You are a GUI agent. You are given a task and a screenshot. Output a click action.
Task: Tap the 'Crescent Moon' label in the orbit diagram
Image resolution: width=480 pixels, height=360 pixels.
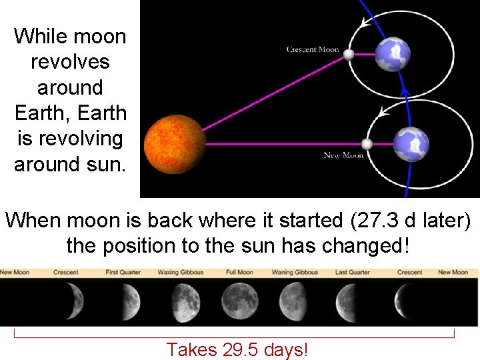pos(313,49)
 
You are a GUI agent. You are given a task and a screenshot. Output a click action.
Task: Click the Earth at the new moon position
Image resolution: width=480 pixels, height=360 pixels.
pos(410,144)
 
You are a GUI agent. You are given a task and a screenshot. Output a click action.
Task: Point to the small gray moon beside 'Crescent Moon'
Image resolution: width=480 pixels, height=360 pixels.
pos(349,55)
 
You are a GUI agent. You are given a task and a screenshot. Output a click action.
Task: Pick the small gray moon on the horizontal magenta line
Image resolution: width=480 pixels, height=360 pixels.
pos(366,144)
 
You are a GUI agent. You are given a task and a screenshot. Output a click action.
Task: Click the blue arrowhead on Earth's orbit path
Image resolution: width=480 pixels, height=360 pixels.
pos(403,90)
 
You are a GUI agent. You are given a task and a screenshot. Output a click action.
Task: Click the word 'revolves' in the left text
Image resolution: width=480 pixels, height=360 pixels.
pos(70,61)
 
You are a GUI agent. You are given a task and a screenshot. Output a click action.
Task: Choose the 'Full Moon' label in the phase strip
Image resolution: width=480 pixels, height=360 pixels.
pos(239,272)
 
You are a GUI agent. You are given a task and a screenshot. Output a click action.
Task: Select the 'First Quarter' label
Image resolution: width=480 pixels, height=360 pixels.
pos(123,272)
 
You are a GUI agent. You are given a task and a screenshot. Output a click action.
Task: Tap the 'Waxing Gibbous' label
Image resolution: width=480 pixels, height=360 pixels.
pos(181,272)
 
